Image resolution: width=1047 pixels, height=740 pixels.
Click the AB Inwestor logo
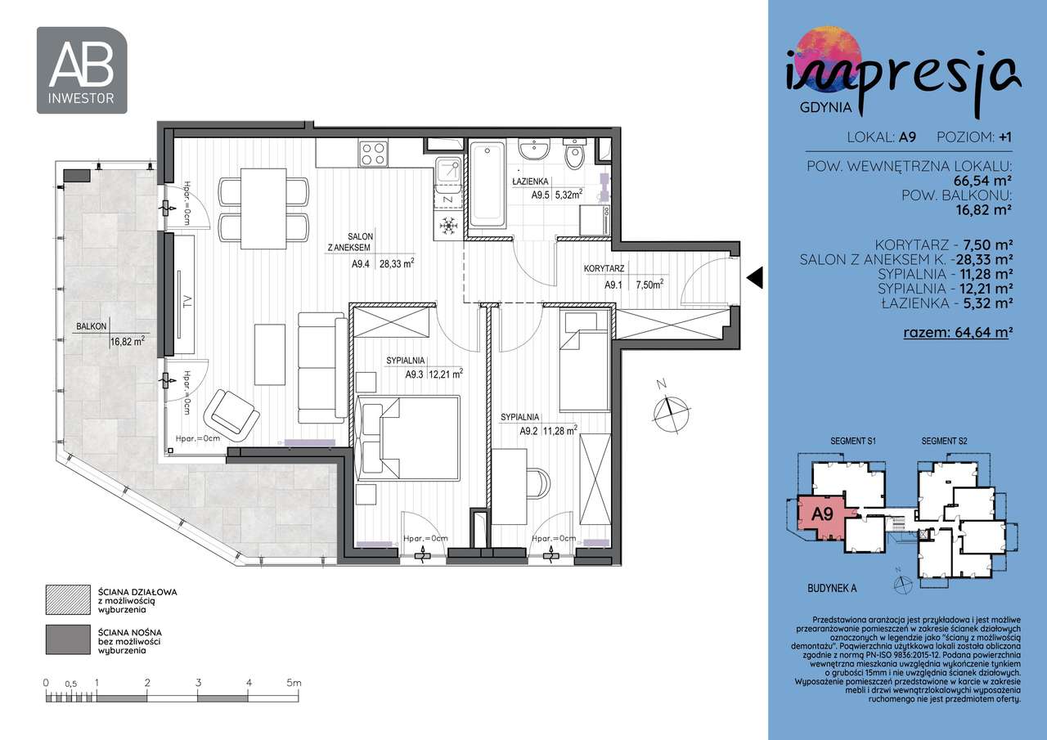point(82,70)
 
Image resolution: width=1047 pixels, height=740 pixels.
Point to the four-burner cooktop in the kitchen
point(374,153)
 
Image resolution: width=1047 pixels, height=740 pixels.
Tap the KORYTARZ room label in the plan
point(604,268)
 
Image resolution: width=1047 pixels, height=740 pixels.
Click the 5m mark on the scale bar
point(294,682)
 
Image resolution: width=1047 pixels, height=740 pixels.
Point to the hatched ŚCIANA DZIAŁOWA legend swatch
point(65,599)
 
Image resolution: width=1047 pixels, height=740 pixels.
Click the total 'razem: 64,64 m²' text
point(958,332)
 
